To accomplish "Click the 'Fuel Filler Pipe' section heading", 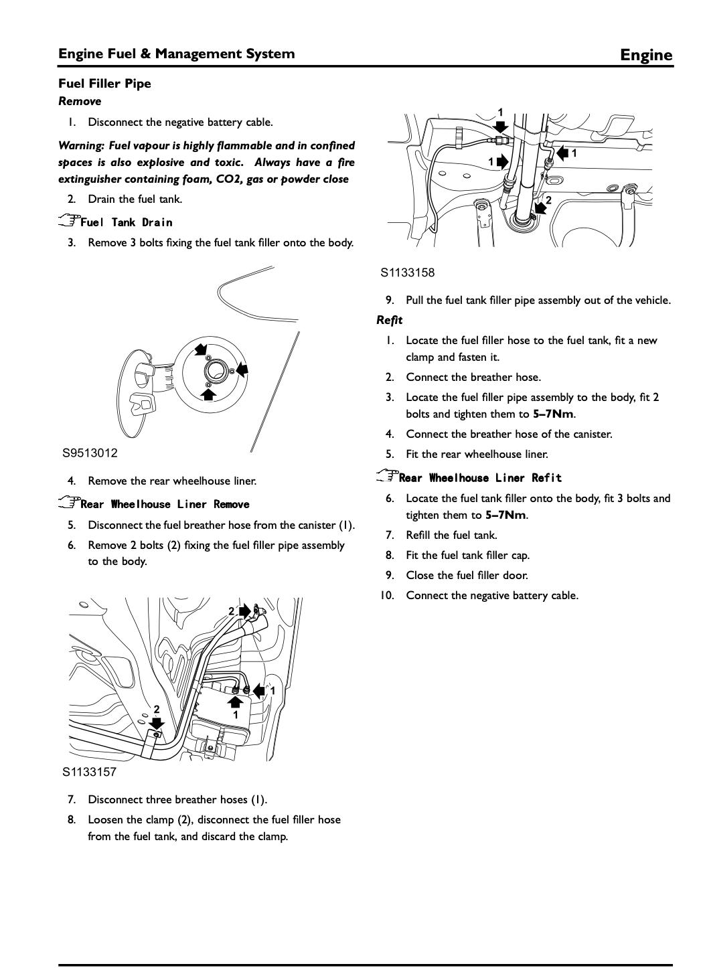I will pyautogui.click(x=104, y=84).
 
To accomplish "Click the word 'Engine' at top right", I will pyautogui.click(x=645, y=55).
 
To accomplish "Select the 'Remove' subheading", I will pyautogui.click(x=80, y=102).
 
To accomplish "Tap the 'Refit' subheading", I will pyautogui.click(x=389, y=320).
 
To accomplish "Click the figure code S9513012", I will pyautogui.click(x=90, y=453).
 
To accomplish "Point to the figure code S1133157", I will pyautogui.click(x=90, y=772).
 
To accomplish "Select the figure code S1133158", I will pyautogui.click(x=408, y=272).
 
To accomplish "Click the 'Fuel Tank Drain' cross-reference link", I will pyautogui.click(x=126, y=222).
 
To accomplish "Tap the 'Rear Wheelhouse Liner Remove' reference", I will pyautogui.click(x=165, y=504).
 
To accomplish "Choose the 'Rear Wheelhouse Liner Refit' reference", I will pyautogui.click(x=480, y=477).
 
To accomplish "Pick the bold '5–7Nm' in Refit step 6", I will pyautogui.click(x=505, y=515).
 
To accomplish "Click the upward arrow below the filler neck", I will pyautogui.click(x=209, y=394).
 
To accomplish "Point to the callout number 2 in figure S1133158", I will pyautogui.click(x=548, y=200).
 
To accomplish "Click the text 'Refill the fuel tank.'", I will pyautogui.click(x=451, y=535).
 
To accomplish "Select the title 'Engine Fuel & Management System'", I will pyautogui.click(x=176, y=54).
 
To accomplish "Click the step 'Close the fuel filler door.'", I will pyautogui.click(x=467, y=575).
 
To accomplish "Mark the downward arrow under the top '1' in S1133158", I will pyautogui.click(x=501, y=127).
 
